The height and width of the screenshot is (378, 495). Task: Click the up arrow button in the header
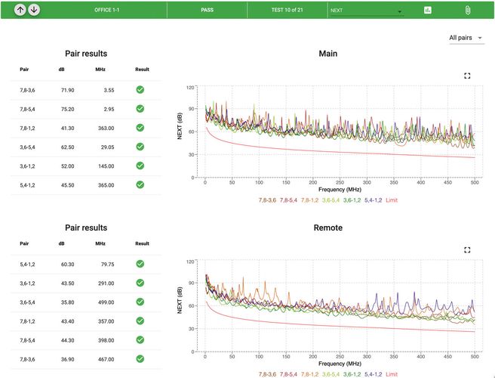pyautogui.click(x=20, y=10)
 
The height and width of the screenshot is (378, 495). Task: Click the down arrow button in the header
pyautogui.click(x=34, y=10)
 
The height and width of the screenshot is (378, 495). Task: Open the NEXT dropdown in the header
pyautogui.click(x=366, y=11)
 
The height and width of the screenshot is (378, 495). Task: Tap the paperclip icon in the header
pyautogui.click(x=467, y=11)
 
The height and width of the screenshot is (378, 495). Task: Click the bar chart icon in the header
pyautogui.click(x=428, y=11)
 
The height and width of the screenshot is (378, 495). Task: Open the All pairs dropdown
pyautogui.click(x=466, y=38)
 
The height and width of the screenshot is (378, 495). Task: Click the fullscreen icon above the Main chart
pyautogui.click(x=467, y=76)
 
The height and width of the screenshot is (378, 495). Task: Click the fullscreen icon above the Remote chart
pyautogui.click(x=467, y=249)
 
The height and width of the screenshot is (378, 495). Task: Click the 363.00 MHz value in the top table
pyautogui.click(x=105, y=128)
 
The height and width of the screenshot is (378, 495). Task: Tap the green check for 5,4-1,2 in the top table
pyautogui.click(x=140, y=184)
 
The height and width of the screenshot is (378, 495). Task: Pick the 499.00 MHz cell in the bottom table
pyautogui.click(x=105, y=302)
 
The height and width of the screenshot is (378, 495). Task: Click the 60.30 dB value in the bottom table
pyautogui.click(x=67, y=264)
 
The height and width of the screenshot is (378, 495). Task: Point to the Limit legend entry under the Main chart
pyautogui.click(x=391, y=200)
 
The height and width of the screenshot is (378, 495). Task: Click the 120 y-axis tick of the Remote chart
pyautogui.click(x=189, y=262)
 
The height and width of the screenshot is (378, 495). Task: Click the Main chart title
pyautogui.click(x=327, y=54)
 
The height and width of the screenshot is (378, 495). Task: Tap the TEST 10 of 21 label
pyautogui.click(x=290, y=11)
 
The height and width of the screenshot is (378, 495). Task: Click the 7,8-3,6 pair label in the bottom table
pyautogui.click(x=29, y=358)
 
